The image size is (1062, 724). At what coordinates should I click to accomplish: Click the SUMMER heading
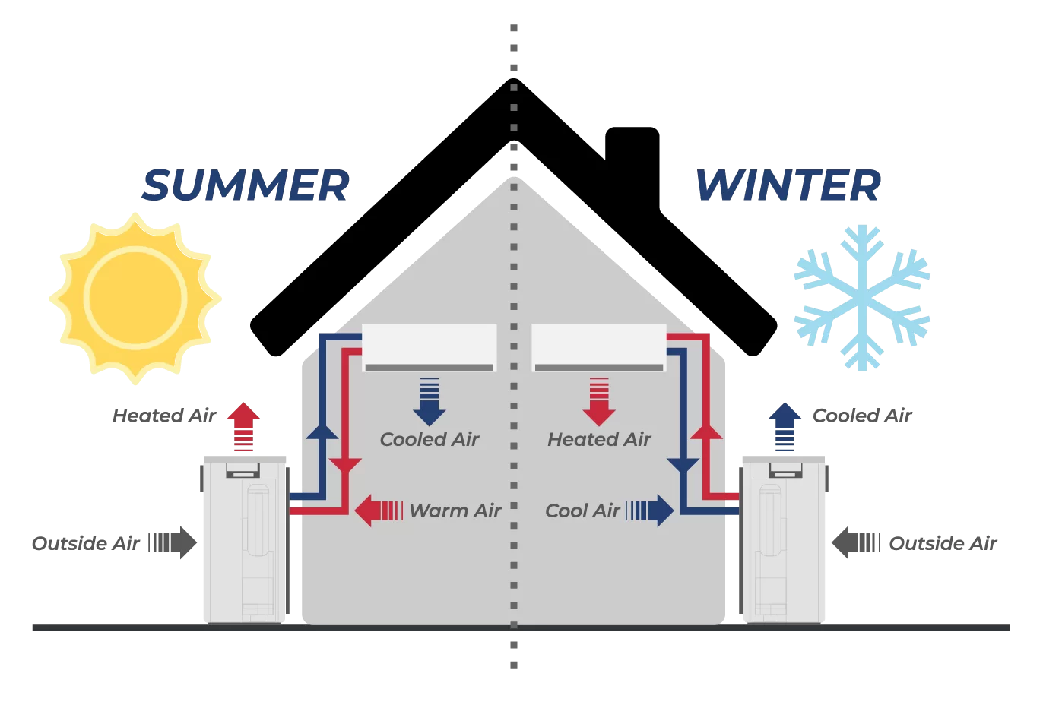(x=246, y=186)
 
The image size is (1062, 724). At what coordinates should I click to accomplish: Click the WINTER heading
(x=788, y=186)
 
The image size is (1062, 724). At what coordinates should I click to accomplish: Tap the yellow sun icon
(x=135, y=297)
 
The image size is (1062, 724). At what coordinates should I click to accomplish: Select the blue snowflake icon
(x=862, y=297)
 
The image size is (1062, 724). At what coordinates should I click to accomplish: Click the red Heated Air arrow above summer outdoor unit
(x=243, y=425)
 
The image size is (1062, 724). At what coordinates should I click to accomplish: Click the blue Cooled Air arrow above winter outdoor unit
(x=785, y=425)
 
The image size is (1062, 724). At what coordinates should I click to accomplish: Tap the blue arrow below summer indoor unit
(x=430, y=401)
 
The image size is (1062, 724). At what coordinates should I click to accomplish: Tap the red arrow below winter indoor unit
(x=599, y=401)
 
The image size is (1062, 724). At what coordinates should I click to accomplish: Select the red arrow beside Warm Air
(x=378, y=511)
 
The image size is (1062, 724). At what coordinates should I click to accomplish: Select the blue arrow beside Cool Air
(x=651, y=511)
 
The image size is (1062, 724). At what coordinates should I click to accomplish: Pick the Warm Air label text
(x=455, y=511)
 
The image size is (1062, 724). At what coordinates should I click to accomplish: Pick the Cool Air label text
(x=582, y=511)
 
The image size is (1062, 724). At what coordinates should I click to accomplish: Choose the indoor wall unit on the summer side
(x=430, y=347)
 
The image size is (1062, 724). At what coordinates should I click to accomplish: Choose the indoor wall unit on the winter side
(x=599, y=347)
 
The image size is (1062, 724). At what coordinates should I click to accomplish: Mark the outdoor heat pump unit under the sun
(x=244, y=539)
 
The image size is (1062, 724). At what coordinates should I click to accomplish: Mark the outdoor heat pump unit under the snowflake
(x=784, y=539)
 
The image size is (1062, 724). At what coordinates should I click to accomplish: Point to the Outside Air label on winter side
(x=943, y=543)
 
